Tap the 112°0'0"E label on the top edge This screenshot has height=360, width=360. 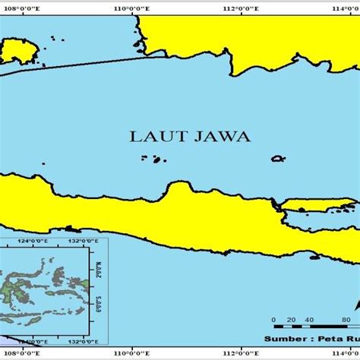241,8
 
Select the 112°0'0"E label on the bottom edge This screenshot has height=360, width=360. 241,352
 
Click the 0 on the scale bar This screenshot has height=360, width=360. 273,320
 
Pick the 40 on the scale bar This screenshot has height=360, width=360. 309,320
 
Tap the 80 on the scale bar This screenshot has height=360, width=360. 346,320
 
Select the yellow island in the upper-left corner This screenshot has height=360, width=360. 19,52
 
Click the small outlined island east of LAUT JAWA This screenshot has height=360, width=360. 278,159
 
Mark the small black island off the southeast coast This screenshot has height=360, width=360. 315,257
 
